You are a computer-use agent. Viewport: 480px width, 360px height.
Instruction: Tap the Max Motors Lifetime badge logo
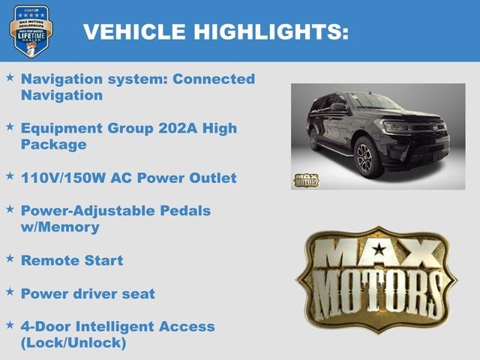(31, 30)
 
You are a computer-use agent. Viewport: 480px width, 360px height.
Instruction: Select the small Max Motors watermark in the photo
(305, 180)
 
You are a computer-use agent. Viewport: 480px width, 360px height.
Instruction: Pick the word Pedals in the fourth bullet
(186, 211)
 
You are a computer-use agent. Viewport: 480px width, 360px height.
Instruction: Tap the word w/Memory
(60, 226)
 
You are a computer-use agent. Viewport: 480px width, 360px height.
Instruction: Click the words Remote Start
(72, 260)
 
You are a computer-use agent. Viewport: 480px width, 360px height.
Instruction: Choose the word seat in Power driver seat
(137, 293)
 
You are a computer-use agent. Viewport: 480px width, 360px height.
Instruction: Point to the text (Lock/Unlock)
(73, 343)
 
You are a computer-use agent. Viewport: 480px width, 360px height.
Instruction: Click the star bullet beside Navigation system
(10, 77)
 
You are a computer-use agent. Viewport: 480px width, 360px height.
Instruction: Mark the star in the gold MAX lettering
(379, 250)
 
